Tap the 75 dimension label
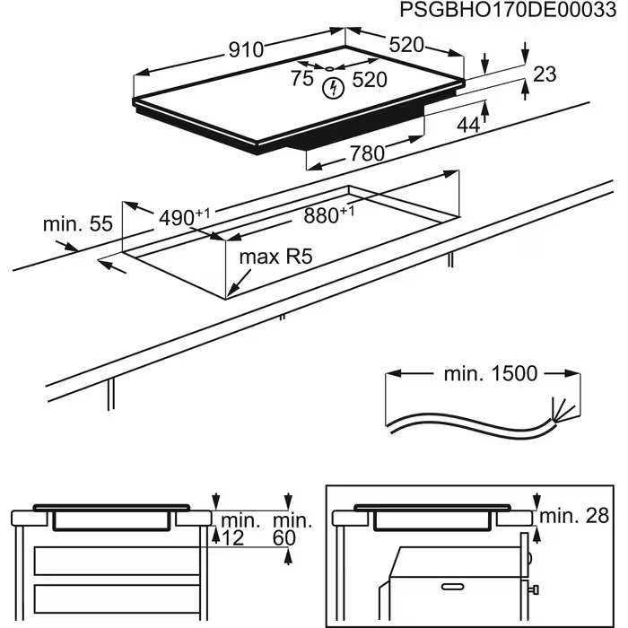(301, 79)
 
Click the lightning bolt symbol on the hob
(335, 87)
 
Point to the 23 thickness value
(545, 74)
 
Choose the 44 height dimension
(468, 126)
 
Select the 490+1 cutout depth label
(184, 217)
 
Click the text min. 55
(79, 223)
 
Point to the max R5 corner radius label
(275, 257)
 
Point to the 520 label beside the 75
(369, 79)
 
